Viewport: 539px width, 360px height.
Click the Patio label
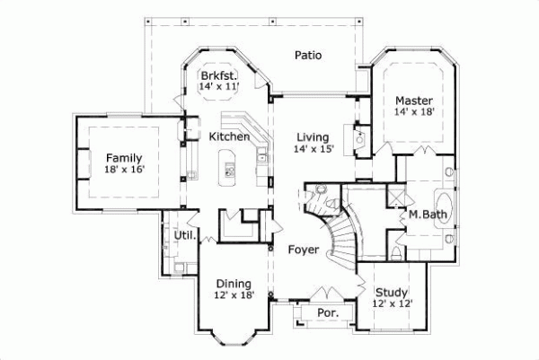tap(308, 56)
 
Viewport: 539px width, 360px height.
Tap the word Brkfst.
tap(218, 75)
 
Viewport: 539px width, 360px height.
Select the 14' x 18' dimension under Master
tap(413, 112)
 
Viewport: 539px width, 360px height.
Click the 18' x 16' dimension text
tap(124, 168)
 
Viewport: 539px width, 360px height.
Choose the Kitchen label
tap(229, 136)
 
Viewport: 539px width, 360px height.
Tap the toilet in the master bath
tap(396, 255)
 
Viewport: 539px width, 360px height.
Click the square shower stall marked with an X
tap(395, 197)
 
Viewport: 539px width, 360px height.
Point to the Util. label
tap(185, 234)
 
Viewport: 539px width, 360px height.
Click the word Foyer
tap(304, 250)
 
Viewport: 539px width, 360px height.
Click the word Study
tap(392, 292)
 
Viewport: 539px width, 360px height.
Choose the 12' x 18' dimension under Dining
tap(234, 295)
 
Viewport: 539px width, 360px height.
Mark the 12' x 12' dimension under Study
tap(392, 303)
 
